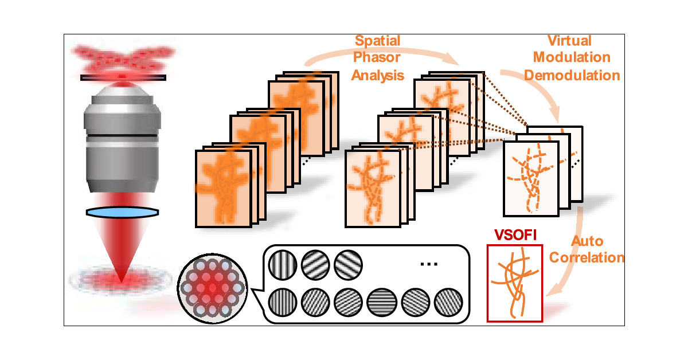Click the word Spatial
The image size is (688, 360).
(x=377, y=41)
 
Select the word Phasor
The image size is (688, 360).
(x=377, y=58)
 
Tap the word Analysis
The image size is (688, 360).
(x=378, y=75)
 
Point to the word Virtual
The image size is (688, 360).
(x=570, y=41)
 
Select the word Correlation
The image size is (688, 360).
(x=587, y=258)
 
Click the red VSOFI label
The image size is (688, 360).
(x=513, y=236)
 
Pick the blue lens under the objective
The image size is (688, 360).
(x=122, y=212)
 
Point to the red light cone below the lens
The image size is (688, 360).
(x=122, y=252)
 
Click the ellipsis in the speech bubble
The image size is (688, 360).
(x=429, y=264)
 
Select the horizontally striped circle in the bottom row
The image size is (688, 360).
(x=379, y=300)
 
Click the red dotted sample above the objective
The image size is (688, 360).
(x=123, y=60)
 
